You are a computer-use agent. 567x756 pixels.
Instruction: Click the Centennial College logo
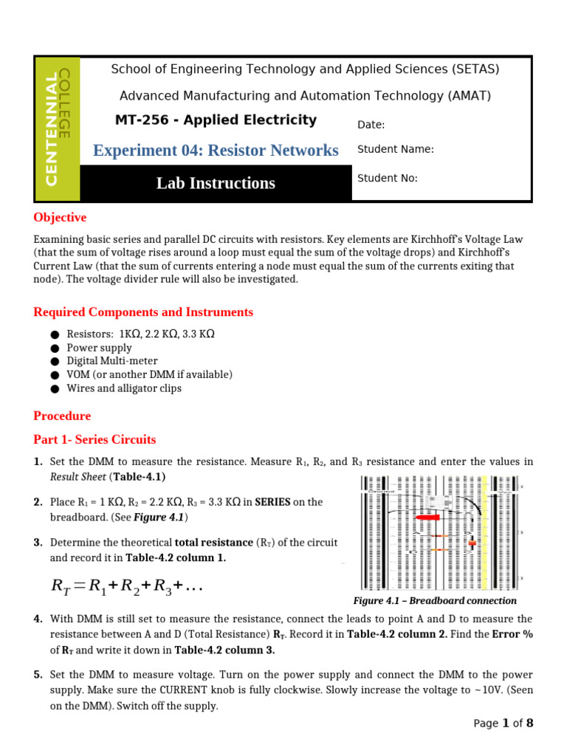(x=58, y=129)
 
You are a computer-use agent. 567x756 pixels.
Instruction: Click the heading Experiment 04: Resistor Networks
(x=216, y=151)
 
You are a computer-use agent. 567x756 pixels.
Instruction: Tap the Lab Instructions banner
(x=216, y=183)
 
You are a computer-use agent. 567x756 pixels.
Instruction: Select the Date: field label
(x=371, y=125)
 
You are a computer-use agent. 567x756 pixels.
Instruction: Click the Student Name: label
(x=395, y=149)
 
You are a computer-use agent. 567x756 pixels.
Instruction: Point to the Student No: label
(x=388, y=178)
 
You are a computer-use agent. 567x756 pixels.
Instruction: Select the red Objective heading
(x=60, y=218)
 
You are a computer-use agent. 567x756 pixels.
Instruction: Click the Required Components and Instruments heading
(x=143, y=312)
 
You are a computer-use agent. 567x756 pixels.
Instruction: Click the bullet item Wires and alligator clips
(x=123, y=388)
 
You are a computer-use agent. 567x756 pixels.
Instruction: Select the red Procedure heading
(x=62, y=416)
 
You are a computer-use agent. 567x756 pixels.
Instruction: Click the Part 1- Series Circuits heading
(x=94, y=440)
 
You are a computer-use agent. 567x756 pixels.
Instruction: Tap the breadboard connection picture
(x=439, y=532)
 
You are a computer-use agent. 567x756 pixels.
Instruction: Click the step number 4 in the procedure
(x=38, y=619)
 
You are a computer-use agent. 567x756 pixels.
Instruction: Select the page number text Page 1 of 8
(x=503, y=724)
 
